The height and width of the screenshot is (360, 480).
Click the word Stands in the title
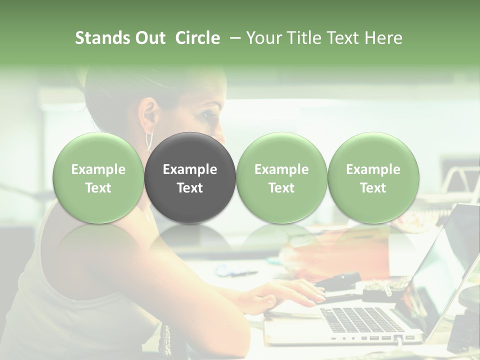click(103, 38)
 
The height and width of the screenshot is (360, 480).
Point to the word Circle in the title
click(197, 38)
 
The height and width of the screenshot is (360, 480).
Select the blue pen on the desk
click(235, 272)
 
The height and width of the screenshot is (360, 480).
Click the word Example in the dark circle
click(190, 169)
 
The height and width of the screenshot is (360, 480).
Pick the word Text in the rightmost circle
click(373, 188)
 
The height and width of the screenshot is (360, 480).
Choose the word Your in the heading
click(261, 38)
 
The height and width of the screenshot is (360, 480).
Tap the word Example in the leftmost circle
click(98, 169)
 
